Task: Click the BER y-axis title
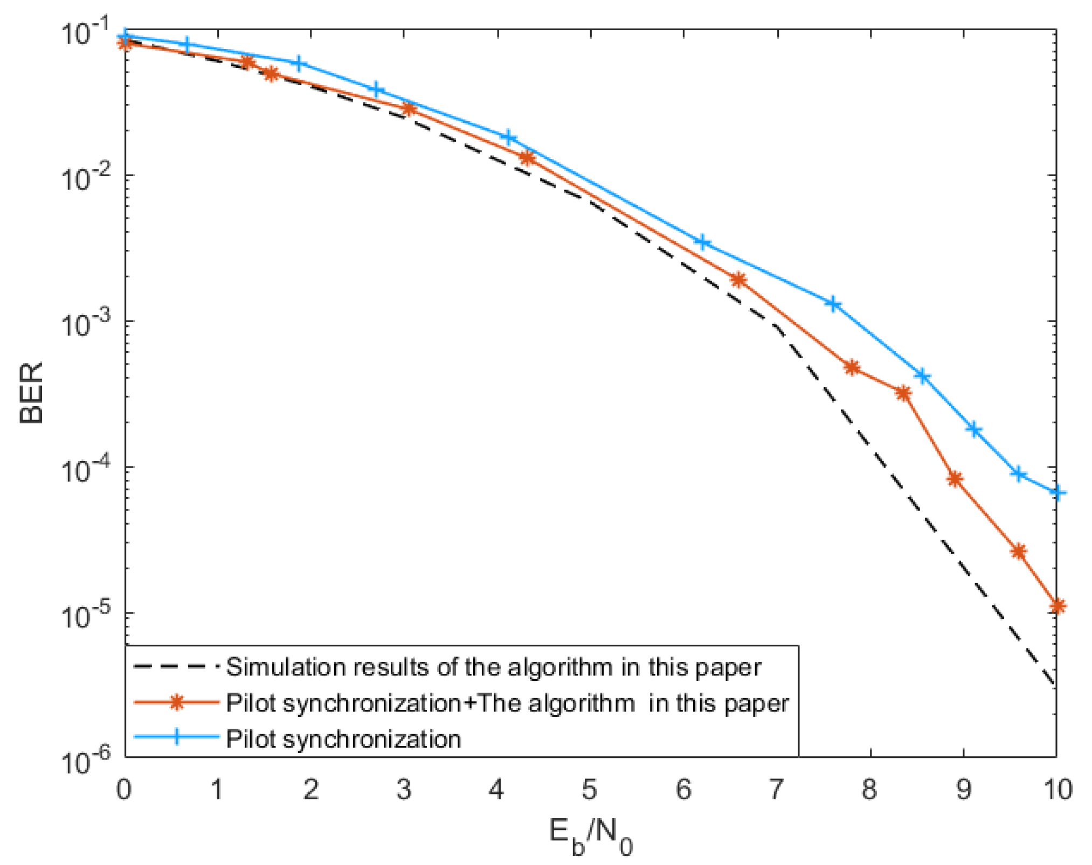(x=31, y=393)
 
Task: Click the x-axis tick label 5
(x=590, y=790)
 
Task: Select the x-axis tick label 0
(x=124, y=790)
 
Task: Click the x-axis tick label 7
(x=776, y=790)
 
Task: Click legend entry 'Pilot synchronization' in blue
(x=343, y=739)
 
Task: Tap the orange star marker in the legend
(x=177, y=702)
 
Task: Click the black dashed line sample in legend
(x=177, y=667)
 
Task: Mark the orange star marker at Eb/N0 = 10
(x=1057, y=606)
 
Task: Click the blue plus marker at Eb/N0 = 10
(x=1057, y=493)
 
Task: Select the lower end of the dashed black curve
(x=1054, y=684)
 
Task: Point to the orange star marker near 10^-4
(x=955, y=479)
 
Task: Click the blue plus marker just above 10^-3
(x=833, y=304)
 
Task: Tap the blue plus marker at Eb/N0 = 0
(x=125, y=37)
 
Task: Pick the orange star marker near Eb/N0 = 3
(x=409, y=109)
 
